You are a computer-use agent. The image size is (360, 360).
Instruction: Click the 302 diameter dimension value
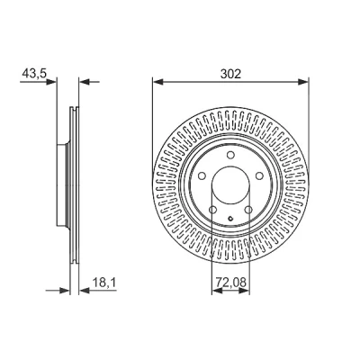(x=230, y=74)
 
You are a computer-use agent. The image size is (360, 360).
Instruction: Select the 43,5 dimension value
(x=34, y=74)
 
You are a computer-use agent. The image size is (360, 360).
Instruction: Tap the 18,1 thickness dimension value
(x=104, y=283)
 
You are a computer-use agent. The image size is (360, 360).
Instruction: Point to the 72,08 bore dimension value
(x=230, y=282)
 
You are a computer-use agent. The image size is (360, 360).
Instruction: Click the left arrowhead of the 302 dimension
(x=157, y=82)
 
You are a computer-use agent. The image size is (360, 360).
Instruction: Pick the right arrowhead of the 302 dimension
(x=303, y=82)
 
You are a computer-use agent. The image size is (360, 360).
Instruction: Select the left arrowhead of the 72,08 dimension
(x=217, y=291)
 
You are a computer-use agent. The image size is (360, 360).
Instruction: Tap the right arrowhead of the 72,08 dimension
(x=245, y=291)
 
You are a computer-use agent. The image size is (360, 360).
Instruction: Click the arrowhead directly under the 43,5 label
(x=51, y=82)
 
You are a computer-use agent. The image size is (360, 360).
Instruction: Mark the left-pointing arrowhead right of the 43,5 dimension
(x=85, y=82)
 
